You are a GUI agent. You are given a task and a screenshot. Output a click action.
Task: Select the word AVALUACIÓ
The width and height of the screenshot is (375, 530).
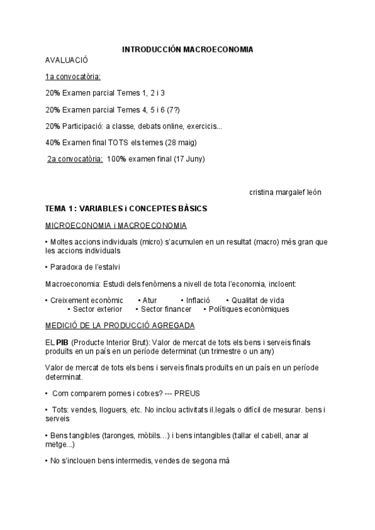coord(67,60)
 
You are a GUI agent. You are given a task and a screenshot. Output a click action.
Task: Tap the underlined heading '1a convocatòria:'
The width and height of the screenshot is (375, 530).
coord(73,77)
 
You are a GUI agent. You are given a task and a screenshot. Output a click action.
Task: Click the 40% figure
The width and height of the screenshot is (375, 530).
coord(52,142)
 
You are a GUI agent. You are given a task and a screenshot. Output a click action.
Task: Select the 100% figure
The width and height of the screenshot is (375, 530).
coord(117,159)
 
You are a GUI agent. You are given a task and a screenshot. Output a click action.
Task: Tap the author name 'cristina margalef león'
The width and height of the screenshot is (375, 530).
coord(285,192)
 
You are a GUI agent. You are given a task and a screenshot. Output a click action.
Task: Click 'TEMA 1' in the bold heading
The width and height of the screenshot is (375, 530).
coord(61,208)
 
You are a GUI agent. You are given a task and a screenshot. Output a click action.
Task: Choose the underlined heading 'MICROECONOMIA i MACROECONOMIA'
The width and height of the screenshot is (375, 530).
coord(116,224)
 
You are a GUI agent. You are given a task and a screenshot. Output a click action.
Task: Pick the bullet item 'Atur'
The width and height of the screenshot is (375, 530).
coord(149,300)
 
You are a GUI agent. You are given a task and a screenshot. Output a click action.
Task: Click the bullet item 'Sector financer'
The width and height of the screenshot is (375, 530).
coord(166,309)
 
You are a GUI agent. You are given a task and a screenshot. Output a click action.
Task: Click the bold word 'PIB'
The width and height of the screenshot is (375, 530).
coord(62,342)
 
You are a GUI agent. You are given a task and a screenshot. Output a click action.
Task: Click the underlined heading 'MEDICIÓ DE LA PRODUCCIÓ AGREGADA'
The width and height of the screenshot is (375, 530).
coord(120,326)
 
